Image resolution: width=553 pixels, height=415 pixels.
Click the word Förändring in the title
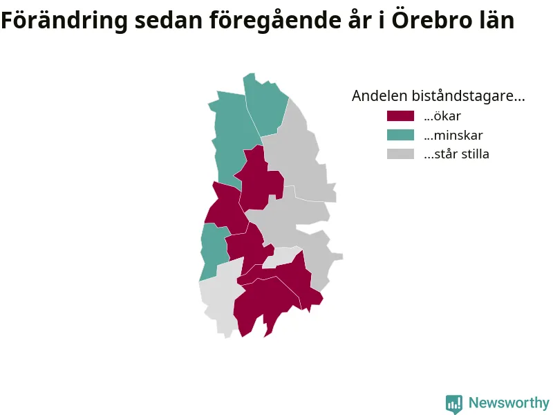tap(64, 21)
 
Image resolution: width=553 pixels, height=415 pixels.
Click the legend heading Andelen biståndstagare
tap(438, 96)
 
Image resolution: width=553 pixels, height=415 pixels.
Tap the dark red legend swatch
tap(400, 116)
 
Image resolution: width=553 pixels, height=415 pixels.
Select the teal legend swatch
tap(400, 135)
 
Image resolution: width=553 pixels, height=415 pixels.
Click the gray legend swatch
tap(400, 154)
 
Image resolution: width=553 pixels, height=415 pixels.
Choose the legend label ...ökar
tap(442, 116)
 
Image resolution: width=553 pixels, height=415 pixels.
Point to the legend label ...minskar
tap(453, 135)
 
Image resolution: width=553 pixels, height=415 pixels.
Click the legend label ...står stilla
tap(456, 154)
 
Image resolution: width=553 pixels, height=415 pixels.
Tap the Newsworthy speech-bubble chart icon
tap(454, 404)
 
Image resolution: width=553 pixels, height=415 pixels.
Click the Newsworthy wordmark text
tap(509, 403)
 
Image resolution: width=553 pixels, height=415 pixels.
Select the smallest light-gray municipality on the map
tap(281, 257)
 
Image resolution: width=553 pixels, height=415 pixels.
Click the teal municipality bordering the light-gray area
tap(214, 249)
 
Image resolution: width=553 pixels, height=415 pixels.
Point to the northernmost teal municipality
tap(265, 106)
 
